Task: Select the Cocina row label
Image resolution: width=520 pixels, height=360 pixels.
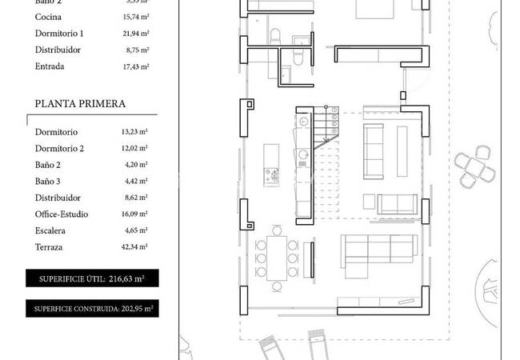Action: coord(50,17)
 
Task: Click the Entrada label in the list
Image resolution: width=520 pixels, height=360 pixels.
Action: coord(50,66)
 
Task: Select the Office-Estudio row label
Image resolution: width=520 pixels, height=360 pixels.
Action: coord(62,214)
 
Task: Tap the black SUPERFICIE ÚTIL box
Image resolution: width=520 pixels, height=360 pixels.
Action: coord(92,278)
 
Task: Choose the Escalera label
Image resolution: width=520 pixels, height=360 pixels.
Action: coord(52,231)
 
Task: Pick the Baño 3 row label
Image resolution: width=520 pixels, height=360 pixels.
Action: coord(49,182)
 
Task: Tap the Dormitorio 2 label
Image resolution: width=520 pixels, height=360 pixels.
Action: coord(60,149)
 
